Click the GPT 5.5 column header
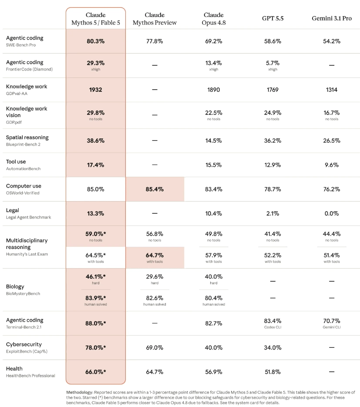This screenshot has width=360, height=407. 273,18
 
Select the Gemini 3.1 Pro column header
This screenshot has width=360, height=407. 331,18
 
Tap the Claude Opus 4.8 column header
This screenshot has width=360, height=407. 214,19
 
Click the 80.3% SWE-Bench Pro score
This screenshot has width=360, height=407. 95,41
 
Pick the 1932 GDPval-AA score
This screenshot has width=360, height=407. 95,90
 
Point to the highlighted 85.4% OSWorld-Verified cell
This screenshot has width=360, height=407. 155,189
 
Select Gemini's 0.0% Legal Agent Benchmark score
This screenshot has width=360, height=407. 331,214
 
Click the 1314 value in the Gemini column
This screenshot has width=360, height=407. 331,90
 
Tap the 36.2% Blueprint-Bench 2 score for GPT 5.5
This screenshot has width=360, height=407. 273,141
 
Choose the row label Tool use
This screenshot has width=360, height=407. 16,161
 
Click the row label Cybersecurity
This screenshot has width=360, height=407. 24,344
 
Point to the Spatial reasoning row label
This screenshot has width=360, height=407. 27,138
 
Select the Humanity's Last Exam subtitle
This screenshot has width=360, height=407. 27,254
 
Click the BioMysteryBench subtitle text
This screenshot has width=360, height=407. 23,293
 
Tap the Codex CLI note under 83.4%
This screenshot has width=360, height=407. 273,327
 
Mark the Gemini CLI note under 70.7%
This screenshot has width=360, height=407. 331,327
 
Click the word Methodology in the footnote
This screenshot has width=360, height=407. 79,393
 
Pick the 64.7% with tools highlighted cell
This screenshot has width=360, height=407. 155,258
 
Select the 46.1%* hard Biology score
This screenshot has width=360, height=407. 95,279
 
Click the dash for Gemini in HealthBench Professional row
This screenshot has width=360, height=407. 331,372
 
